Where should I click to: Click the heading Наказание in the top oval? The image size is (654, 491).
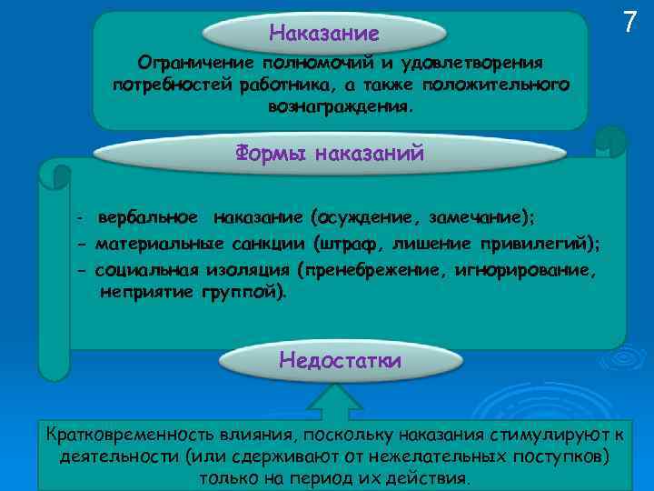[324, 34]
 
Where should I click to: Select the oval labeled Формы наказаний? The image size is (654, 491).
[330, 153]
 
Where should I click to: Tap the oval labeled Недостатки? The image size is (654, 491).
[340, 360]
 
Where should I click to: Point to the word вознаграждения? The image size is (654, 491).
[340, 106]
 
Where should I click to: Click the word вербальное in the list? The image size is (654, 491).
[148, 218]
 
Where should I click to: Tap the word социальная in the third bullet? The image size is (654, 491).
[143, 270]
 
